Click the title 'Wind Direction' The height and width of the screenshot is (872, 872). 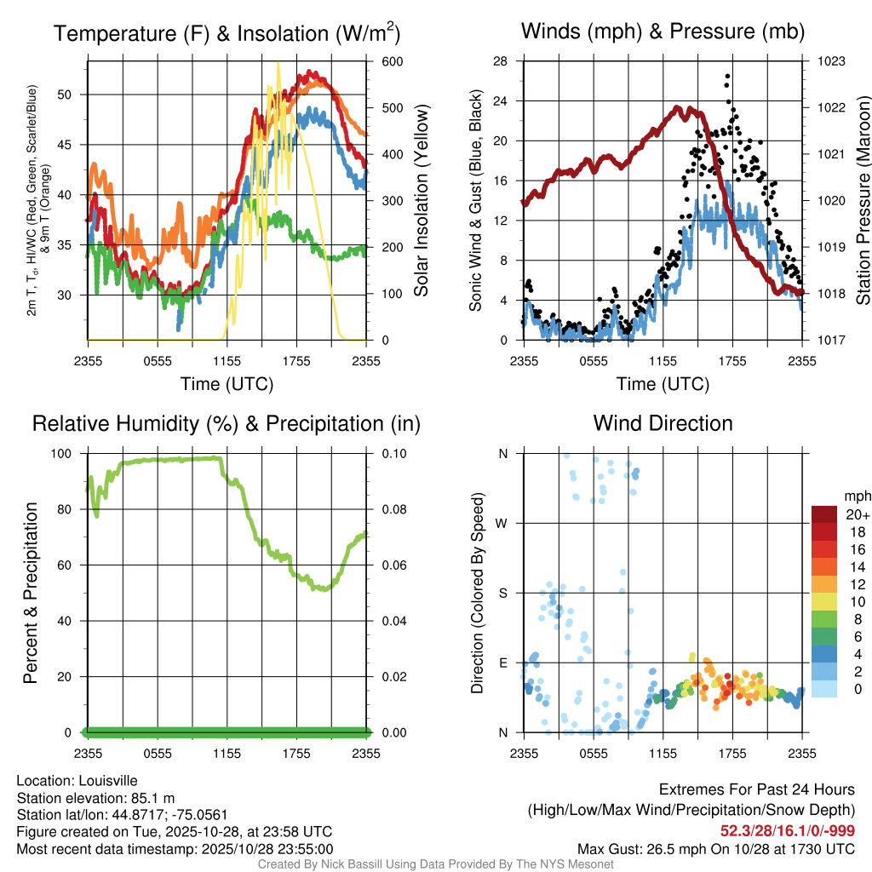coord(663,423)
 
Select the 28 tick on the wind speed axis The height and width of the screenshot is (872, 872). coord(501,61)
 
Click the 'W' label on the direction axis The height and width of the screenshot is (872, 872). coord(502,523)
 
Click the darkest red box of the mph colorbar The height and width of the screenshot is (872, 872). coord(824,514)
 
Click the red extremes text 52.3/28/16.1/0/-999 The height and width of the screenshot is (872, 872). coord(788,831)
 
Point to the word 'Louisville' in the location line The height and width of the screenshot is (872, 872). coord(106,781)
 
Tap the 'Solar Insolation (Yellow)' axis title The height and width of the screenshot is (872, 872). coord(421,200)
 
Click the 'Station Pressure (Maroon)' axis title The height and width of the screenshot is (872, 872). coord(862,200)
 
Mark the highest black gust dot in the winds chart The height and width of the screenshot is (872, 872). coord(727,77)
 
